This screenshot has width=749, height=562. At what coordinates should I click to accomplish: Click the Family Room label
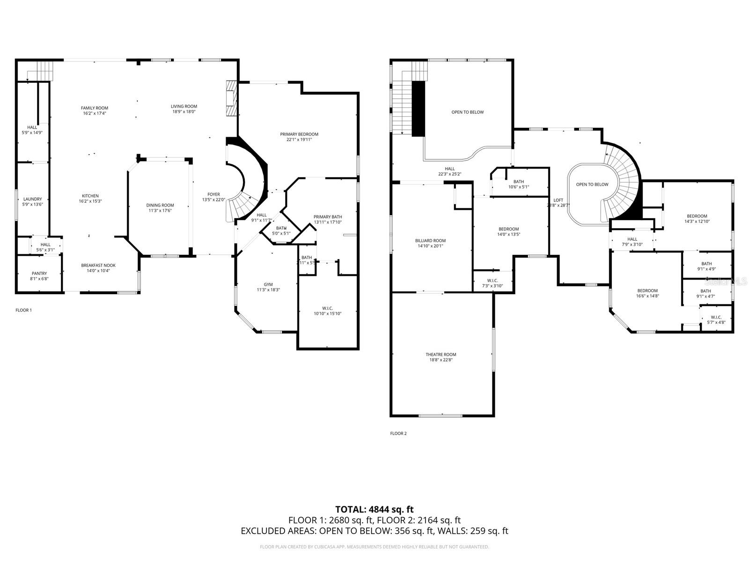click(x=94, y=108)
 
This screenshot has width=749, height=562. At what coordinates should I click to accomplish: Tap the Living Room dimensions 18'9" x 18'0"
click(x=184, y=111)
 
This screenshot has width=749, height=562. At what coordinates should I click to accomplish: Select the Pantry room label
click(x=39, y=274)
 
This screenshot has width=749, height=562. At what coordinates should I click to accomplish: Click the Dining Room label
click(x=160, y=205)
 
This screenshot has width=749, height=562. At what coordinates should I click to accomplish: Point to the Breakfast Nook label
click(x=98, y=265)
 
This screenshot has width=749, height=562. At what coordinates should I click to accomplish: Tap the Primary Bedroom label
click(x=299, y=134)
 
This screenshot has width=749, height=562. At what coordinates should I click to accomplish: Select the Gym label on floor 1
click(x=268, y=284)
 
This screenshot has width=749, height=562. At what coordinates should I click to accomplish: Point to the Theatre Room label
click(x=441, y=355)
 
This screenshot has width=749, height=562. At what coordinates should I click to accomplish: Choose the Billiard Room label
click(x=430, y=241)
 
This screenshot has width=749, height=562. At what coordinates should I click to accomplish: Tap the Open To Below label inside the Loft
click(x=592, y=185)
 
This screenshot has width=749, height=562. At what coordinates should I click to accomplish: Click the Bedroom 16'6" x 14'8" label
click(x=647, y=291)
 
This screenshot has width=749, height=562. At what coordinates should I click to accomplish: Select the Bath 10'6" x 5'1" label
click(x=519, y=182)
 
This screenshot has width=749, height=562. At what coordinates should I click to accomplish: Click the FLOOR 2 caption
click(x=398, y=433)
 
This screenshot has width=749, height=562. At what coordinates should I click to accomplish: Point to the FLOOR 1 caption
click(x=24, y=310)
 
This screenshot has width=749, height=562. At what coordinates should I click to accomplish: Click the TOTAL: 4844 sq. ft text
click(x=374, y=509)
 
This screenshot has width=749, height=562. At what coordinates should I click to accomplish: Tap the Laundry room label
click(x=32, y=199)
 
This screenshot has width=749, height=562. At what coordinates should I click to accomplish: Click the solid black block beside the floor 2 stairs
click(x=418, y=109)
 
